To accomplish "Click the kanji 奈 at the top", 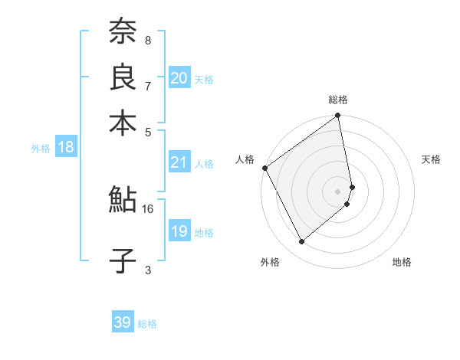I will click(x=123, y=31).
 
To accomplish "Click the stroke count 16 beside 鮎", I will click(x=148, y=208).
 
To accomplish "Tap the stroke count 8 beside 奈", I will click(x=148, y=40).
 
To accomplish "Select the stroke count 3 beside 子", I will click(x=148, y=269).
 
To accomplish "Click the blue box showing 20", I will click(x=179, y=78).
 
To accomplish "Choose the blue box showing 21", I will click(x=179, y=162).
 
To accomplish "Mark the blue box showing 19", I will click(x=179, y=232).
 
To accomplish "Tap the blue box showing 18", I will click(x=66, y=148).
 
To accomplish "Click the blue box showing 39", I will click(x=123, y=322).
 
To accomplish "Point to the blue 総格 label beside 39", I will click(x=148, y=324).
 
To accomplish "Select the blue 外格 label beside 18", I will click(x=41, y=149).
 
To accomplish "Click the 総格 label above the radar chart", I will click(x=338, y=100).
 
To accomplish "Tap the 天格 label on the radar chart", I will click(x=432, y=159).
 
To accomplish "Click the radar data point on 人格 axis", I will click(x=264, y=168).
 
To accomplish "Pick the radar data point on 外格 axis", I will click(x=301, y=242).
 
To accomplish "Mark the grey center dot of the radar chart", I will click(x=338, y=191).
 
